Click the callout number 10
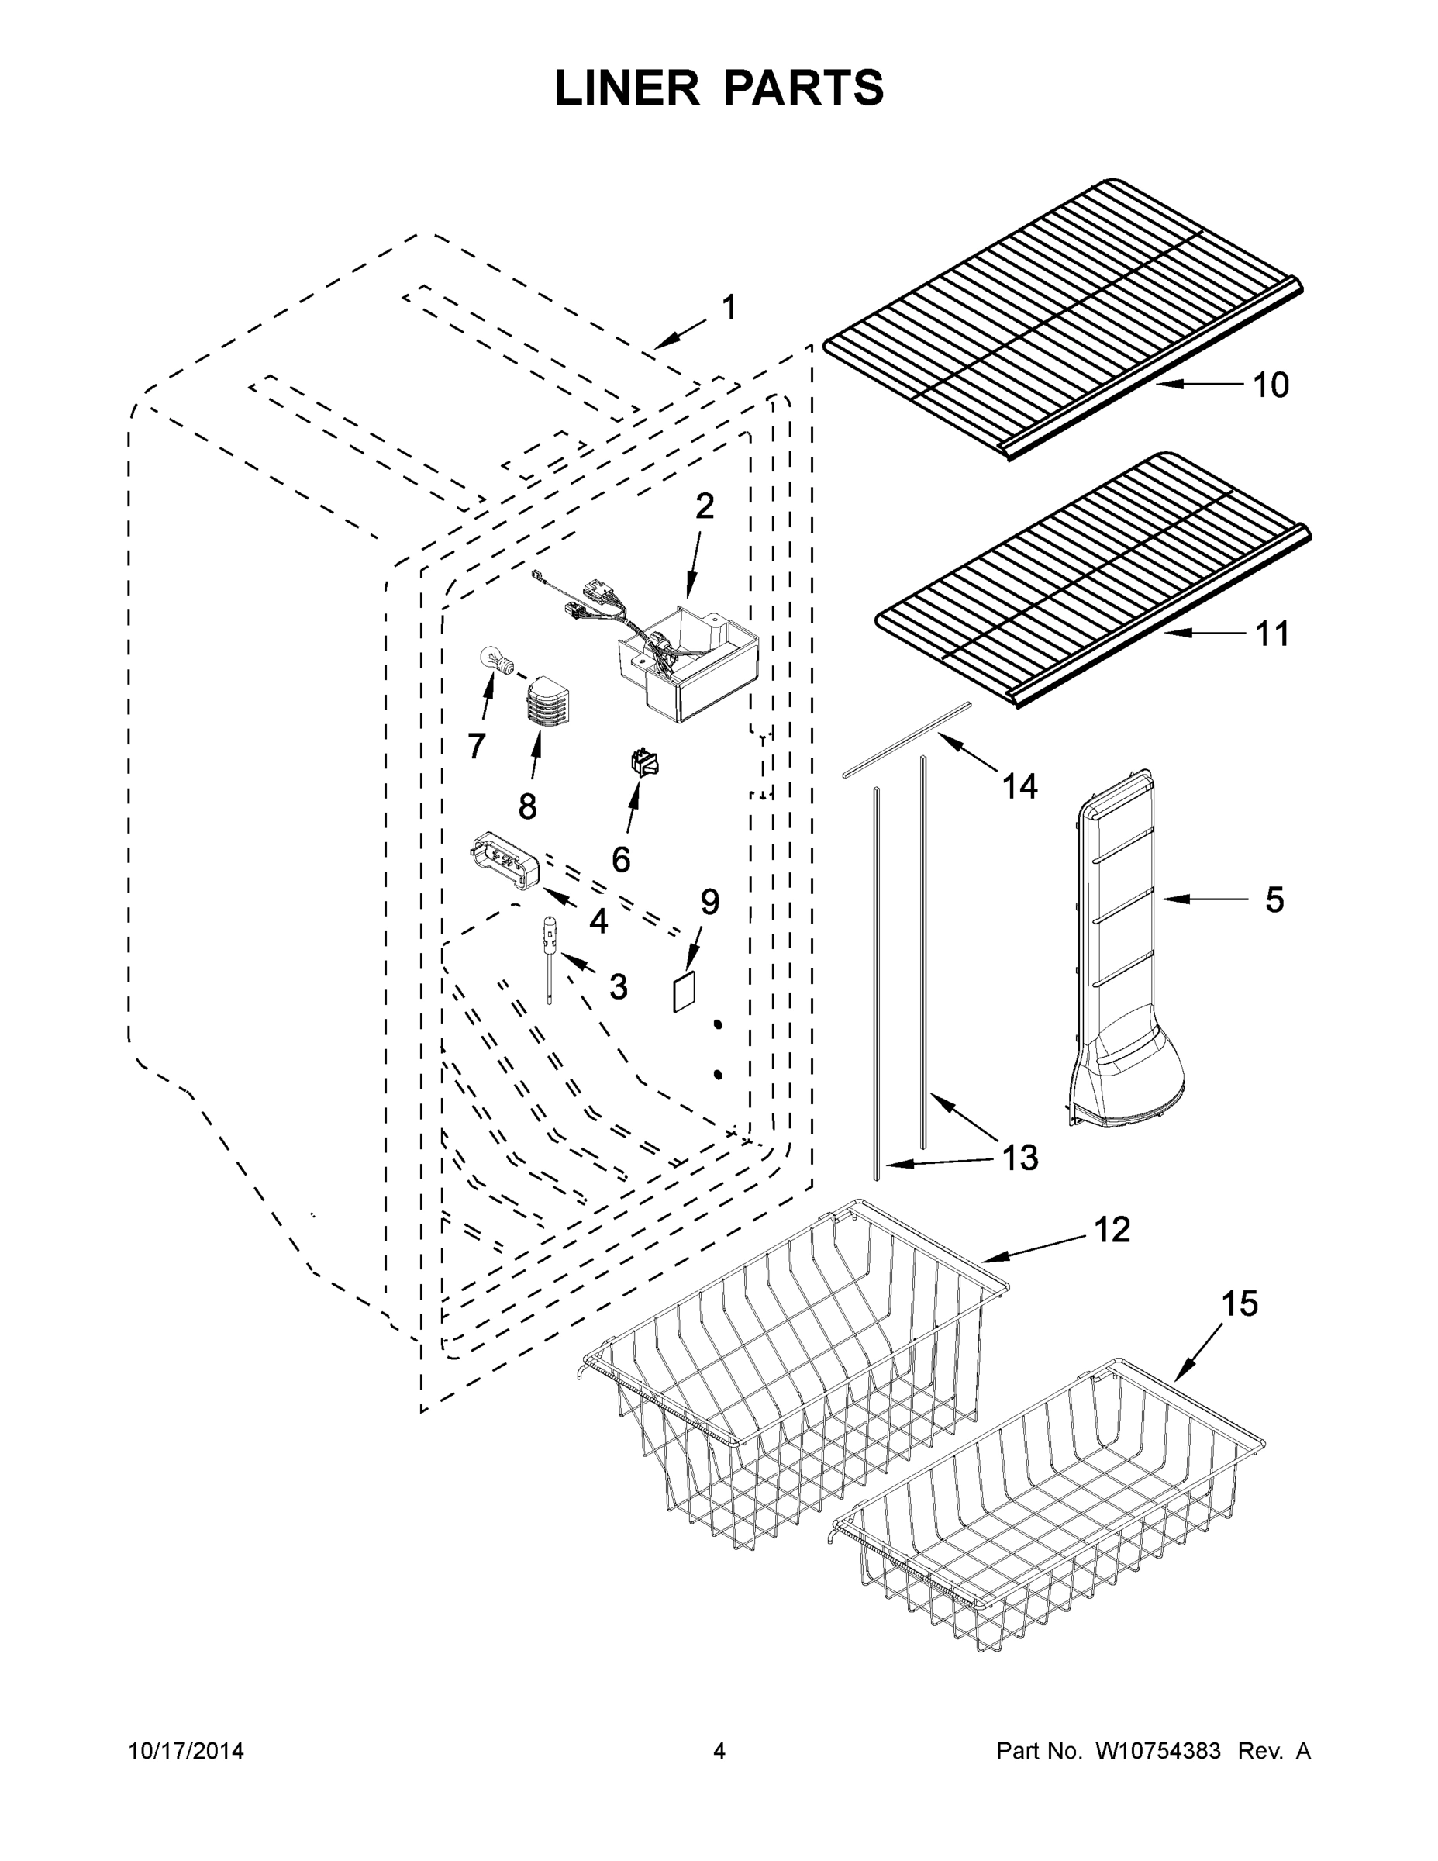[1271, 385]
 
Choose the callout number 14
[1019, 785]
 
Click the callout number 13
[1019, 1157]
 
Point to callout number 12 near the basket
[1111, 1230]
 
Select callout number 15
[1240, 1303]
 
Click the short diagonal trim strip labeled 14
[907, 739]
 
